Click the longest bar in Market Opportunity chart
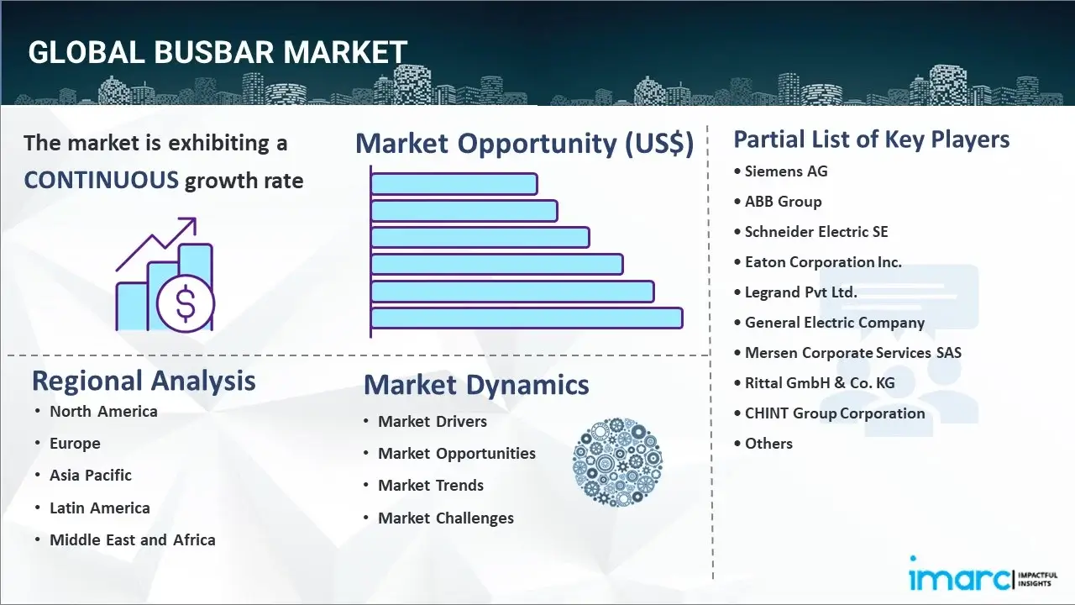(527, 318)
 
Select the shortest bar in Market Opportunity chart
(454, 183)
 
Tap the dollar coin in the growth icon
(186, 303)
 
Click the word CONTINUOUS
(101, 180)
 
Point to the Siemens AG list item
(786, 171)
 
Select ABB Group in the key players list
(783, 202)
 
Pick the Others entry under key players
(768, 444)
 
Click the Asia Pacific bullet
(91, 476)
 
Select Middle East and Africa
(132, 540)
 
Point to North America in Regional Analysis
(103, 412)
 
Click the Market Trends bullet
(431, 486)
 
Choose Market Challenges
(445, 518)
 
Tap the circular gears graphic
(617, 463)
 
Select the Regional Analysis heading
(144, 381)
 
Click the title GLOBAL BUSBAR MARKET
(218, 52)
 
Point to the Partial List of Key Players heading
(871, 139)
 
